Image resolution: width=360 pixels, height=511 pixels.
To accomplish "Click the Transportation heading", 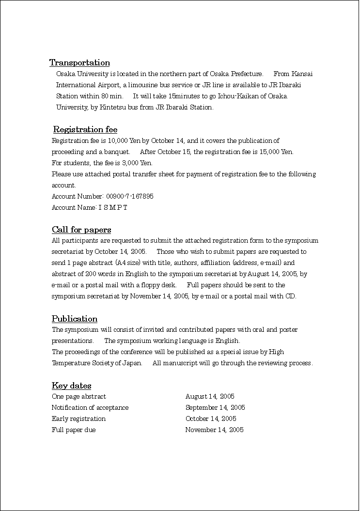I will pyautogui.click(x=79, y=62).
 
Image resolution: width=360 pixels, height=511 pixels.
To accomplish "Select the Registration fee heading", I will pyautogui.click(x=85, y=129).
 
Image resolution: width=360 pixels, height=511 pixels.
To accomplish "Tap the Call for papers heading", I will pyautogui.click(x=81, y=230).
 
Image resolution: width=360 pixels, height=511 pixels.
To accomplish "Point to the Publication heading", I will pyautogui.click(x=75, y=319).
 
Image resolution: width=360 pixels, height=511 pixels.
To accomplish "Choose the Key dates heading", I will pyautogui.click(x=71, y=386).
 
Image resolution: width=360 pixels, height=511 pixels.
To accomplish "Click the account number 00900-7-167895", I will pyautogui.click(x=130, y=196).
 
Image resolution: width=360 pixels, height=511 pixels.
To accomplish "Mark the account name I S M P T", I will pyautogui.click(x=113, y=207).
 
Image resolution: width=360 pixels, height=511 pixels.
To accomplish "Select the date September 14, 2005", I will pyautogui.click(x=215, y=408).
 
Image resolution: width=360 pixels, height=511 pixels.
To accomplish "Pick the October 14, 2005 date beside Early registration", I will pyautogui.click(x=211, y=419).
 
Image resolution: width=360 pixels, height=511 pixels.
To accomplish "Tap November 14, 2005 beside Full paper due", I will pyautogui.click(x=214, y=430).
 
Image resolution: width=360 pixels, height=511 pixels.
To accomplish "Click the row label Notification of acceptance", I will pyautogui.click(x=90, y=408).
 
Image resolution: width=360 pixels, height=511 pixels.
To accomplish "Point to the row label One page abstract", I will pyautogui.click(x=78, y=397).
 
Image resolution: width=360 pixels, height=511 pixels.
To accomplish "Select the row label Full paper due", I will pyautogui.click(x=74, y=430).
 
